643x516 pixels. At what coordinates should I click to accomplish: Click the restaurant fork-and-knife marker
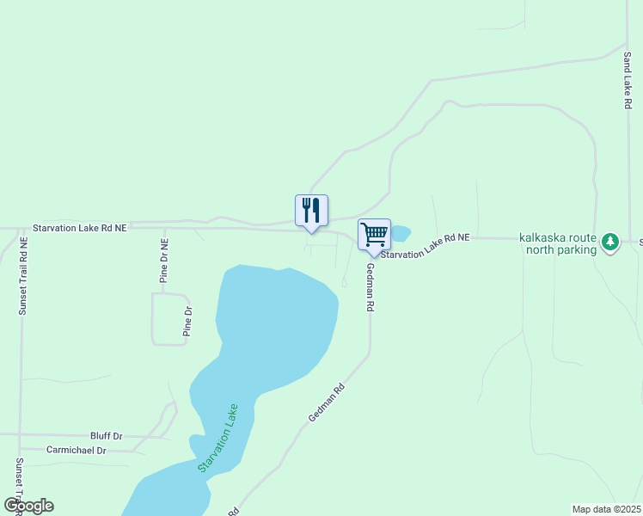[311, 211]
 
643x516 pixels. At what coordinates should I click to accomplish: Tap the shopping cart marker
[374, 235]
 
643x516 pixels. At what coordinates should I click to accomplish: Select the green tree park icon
[610, 243]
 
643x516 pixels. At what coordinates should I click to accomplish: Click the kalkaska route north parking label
[558, 244]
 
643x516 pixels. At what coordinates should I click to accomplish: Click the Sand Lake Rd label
[628, 79]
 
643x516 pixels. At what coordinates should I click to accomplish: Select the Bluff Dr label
[107, 437]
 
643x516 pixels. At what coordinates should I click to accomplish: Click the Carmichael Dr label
[77, 450]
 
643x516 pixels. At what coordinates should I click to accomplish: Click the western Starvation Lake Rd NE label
[80, 228]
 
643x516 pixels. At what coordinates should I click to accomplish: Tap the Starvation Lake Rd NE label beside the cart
[426, 246]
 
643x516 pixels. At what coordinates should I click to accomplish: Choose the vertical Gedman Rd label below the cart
[370, 287]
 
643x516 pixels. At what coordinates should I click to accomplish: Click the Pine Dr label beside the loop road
[187, 321]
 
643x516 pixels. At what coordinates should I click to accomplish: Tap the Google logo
[29, 506]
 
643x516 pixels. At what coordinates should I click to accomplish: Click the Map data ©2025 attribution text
[606, 509]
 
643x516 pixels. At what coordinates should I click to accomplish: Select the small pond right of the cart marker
[401, 233]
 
